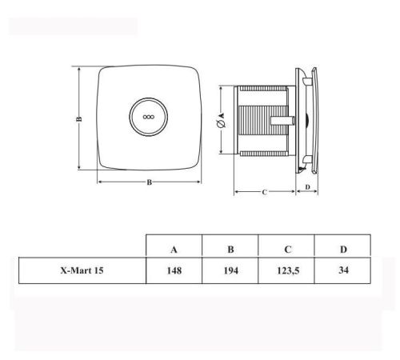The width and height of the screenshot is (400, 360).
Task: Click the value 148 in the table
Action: point(174,270)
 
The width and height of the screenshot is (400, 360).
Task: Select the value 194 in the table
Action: point(230,270)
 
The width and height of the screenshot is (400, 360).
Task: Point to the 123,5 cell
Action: point(288,271)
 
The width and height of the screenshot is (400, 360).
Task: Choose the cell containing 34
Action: point(343,270)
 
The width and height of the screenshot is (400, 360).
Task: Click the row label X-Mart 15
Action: point(82,270)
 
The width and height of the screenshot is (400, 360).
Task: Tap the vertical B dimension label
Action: point(79,119)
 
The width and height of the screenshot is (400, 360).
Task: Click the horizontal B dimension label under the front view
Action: point(150,182)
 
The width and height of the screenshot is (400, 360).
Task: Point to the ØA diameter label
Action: point(222,120)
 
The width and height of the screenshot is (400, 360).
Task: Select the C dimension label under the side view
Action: point(264,192)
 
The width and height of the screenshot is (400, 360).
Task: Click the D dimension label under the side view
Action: point(307,187)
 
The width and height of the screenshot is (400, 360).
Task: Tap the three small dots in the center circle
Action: point(149,117)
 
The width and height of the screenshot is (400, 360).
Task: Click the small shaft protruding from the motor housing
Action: point(282,120)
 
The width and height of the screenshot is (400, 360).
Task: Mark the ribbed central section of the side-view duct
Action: point(262,120)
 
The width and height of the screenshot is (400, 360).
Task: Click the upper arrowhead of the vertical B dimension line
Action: point(79,70)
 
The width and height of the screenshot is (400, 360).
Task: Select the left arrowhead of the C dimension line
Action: point(237,191)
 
